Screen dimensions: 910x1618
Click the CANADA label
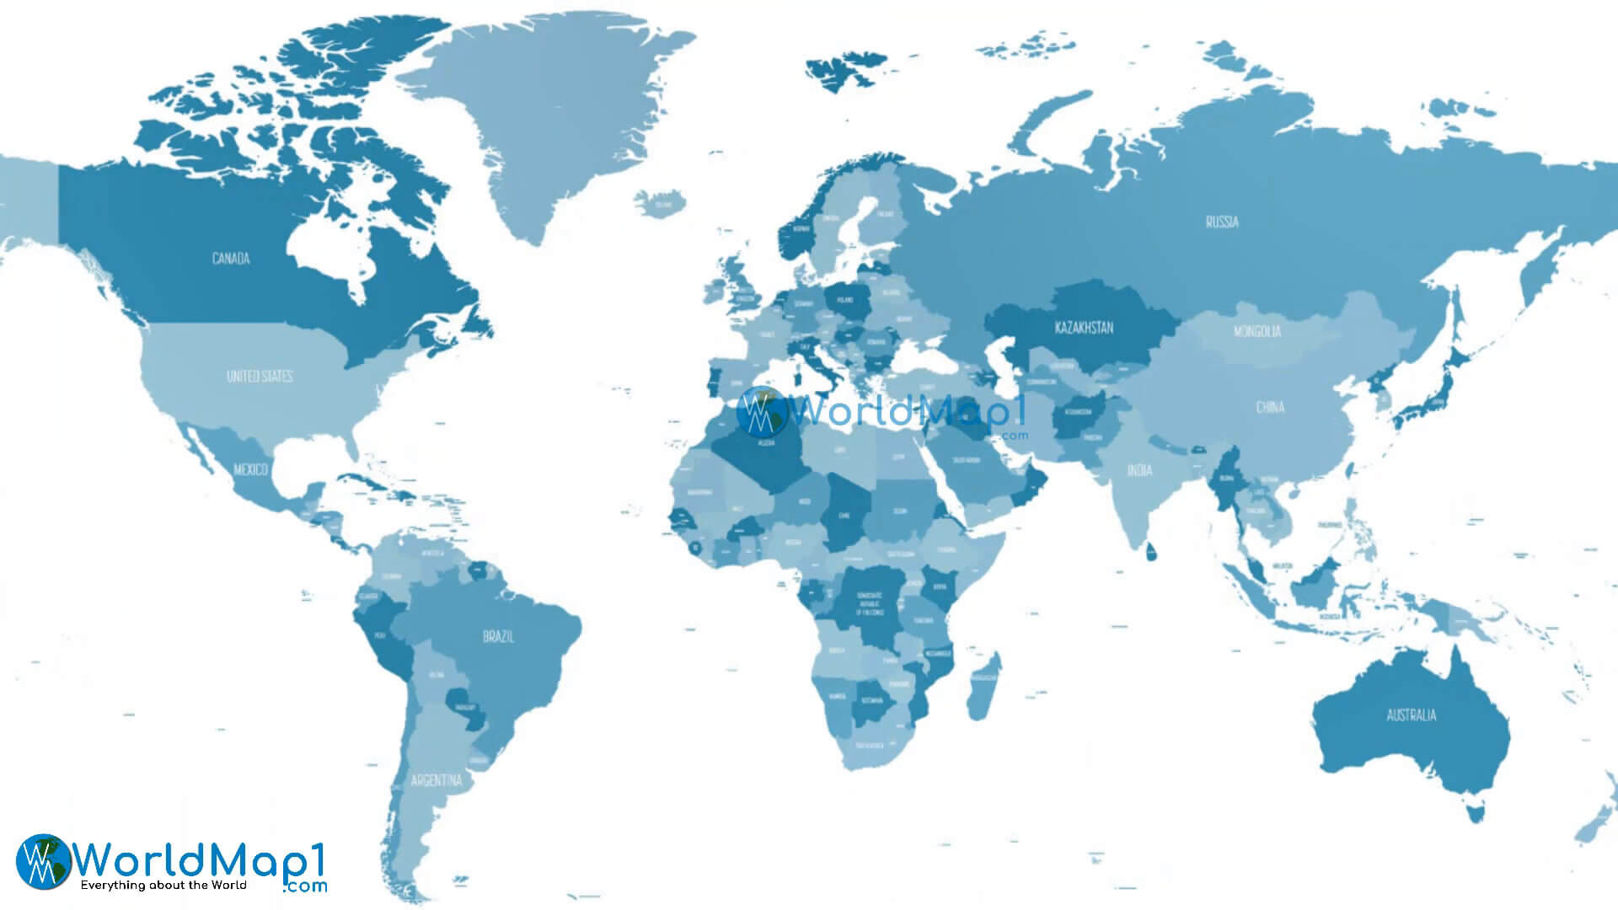pyautogui.click(x=230, y=259)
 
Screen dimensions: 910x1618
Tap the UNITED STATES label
pyautogui.click(x=260, y=376)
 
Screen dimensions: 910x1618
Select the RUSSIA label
pyautogui.click(x=1222, y=222)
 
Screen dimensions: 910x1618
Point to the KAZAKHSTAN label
pyautogui.click(x=1084, y=328)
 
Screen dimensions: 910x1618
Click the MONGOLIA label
pyautogui.click(x=1256, y=332)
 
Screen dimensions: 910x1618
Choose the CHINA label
pyautogui.click(x=1270, y=408)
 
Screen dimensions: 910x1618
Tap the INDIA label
pyautogui.click(x=1139, y=470)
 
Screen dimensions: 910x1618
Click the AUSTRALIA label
pyautogui.click(x=1411, y=716)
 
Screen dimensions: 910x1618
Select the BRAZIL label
pyautogui.click(x=498, y=637)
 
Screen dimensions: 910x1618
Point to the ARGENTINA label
pyautogui.click(x=436, y=781)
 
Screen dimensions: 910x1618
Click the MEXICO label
pyautogui.click(x=250, y=469)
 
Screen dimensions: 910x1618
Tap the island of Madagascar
pyautogui.click(x=983, y=687)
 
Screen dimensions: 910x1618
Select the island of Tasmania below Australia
pyautogui.click(x=1475, y=813)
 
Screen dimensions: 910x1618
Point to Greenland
pyautogui.click(x=556, y=118)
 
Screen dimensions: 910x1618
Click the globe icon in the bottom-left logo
pyautogui.click(x=43, y=861)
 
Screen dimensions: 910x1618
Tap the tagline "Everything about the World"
pyautogui.click(x=163, y=886)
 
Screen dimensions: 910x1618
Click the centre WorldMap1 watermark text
pyautogui.click(x=906, y=412)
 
